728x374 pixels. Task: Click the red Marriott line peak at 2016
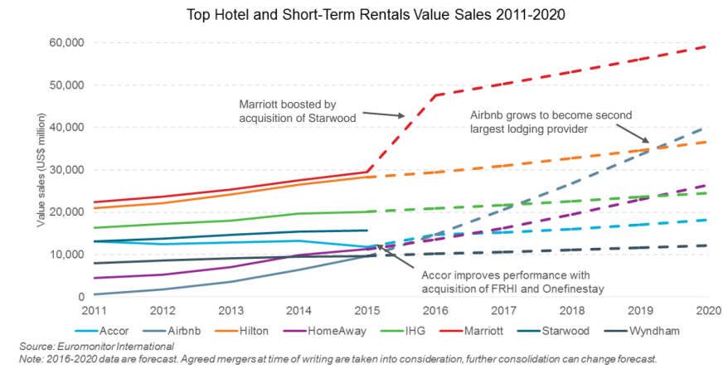434,95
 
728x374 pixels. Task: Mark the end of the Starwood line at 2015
367,231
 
